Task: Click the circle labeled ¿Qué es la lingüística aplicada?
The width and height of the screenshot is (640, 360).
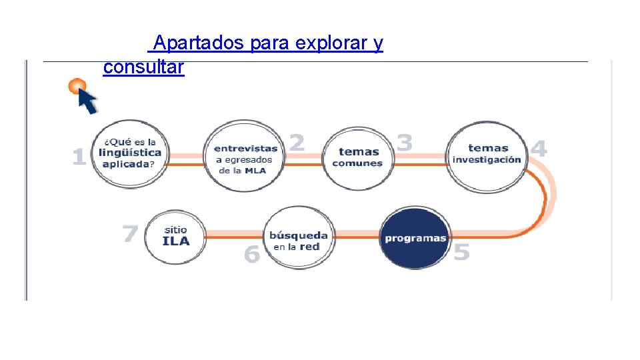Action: (x=130, y=155)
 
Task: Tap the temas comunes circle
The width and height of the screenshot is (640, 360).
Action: (x=358, y=157)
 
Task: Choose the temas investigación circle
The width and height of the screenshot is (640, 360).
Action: (x=486, y=155)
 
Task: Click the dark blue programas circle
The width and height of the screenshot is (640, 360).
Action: (x=415, y=238)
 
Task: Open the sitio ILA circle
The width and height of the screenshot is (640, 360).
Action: (x=175, y=236)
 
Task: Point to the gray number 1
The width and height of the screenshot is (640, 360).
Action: (x=79, y=157)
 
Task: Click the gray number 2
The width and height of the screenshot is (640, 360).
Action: (x=297, y=142)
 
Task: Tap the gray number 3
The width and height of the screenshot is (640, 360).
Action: (x=404, y=142)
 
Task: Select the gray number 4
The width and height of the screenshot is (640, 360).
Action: (x=539, y=148)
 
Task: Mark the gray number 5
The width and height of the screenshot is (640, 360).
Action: (x=461, y=253)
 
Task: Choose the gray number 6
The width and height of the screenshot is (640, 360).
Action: (x=251, y=254)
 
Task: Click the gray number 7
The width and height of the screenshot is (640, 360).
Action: (x=131, y=233)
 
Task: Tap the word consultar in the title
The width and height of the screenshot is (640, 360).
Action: (x=143, y=67)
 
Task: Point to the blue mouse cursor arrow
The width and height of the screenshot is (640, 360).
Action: (x=87, y=101)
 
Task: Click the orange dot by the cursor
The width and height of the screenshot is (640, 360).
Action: (x=77, y=86)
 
